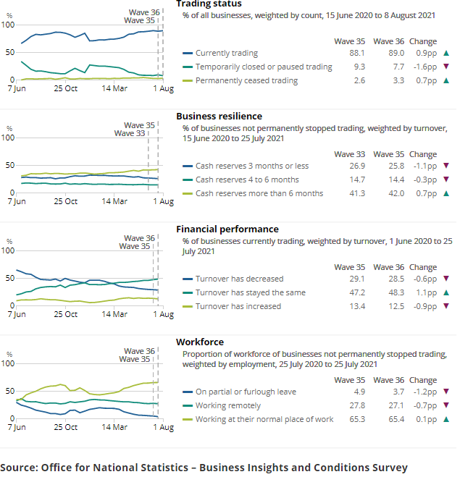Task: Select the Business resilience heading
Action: pyautogui.click(x=219, y=116)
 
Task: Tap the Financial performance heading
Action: pyautogui.click(x=227, y=229)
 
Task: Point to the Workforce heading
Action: pyautogui.click(x=200, y=342)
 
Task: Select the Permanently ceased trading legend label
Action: pyautogui.click(x=246, y=80)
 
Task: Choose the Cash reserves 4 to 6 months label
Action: pyautogui.click(x=247, y=180)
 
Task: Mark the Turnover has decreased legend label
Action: pyautogui.click(x=239, y=279)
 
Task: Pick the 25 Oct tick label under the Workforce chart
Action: pyautogui.click(x=66, y=427)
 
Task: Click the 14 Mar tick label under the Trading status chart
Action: pyautogui.click(x=115, y=88)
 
